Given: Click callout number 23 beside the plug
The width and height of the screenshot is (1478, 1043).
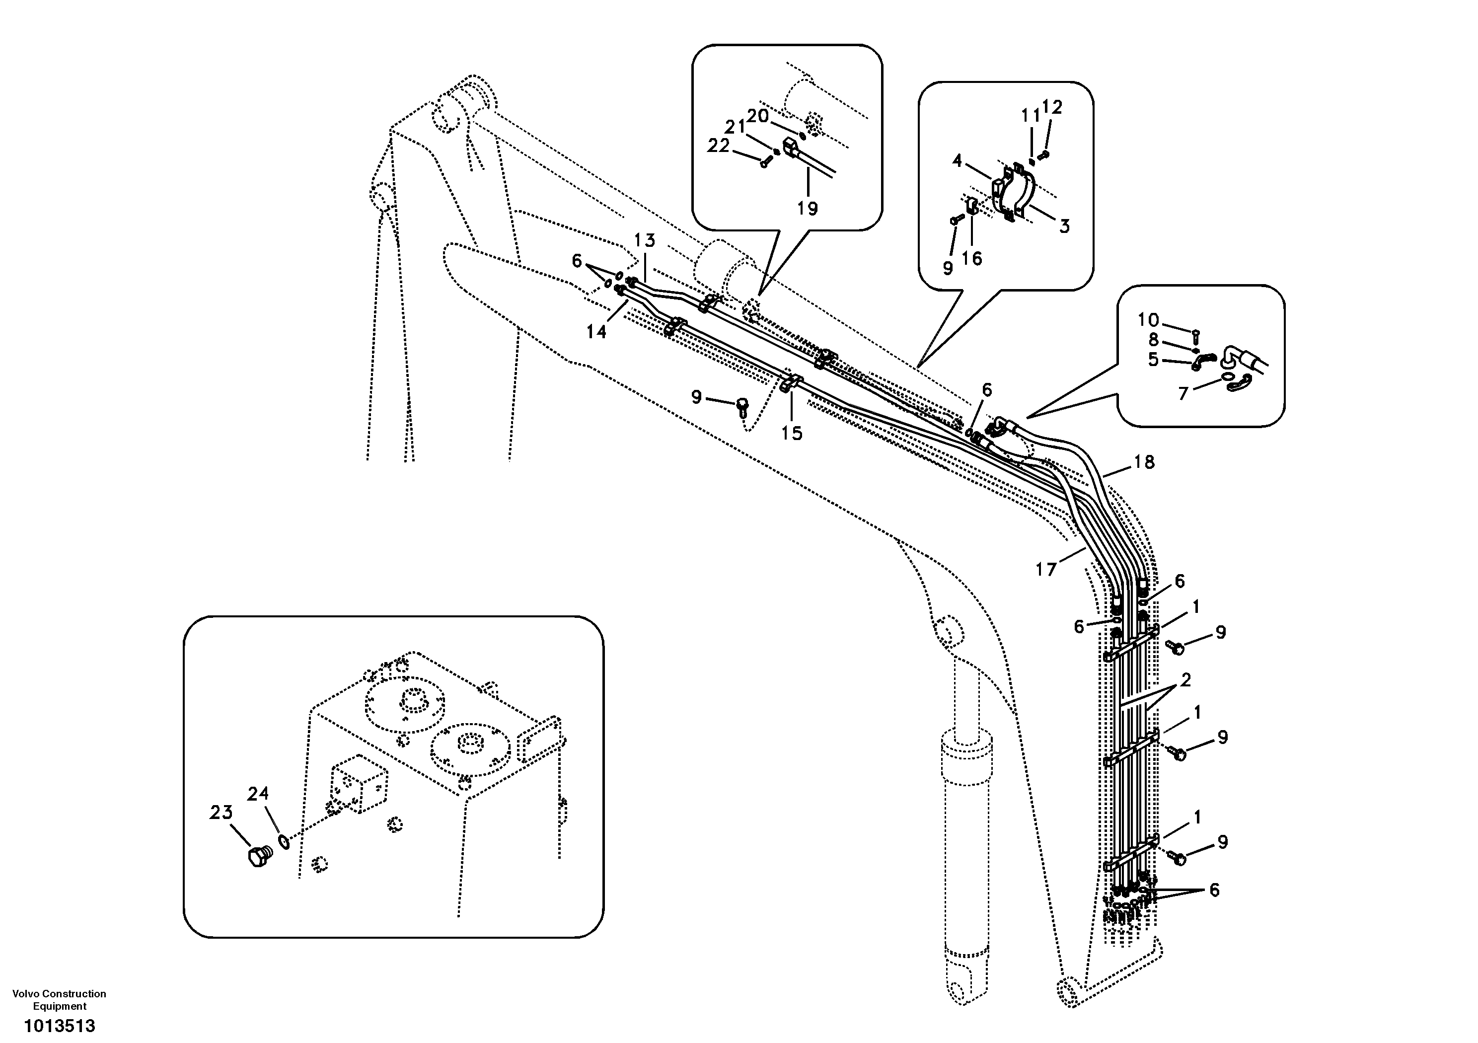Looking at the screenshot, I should coord(221,813).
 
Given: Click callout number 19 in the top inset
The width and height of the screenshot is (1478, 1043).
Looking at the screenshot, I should coord(807,208).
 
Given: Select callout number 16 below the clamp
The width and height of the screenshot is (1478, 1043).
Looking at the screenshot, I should coord(971,258).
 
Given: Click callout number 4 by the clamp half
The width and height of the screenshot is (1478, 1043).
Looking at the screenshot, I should coord(957,160).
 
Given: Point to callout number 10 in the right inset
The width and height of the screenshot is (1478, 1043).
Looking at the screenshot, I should coord(1148,320).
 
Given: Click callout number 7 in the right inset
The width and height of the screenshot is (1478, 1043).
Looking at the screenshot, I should coord(1182,393).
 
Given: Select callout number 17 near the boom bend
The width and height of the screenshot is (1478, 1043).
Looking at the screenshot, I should coord(1046,569).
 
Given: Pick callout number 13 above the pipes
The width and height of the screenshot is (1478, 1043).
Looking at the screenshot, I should coord(644,241).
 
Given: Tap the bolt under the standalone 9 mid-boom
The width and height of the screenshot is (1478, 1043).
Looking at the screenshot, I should coord(742,404).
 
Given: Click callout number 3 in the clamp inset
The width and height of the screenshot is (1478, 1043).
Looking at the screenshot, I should coord(1064,226).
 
